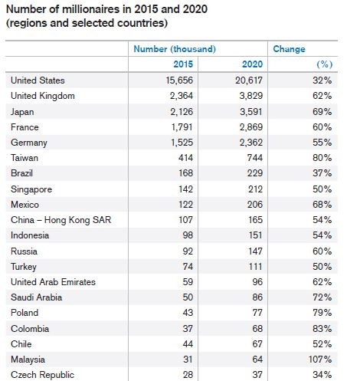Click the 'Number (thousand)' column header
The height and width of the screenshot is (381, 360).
pyautogui.click(x=175, y=49)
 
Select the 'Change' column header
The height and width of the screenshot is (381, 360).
pyautogui.click(x=289, y=49)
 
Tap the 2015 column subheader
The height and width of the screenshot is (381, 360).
pyautogui.click(x=183, y=64)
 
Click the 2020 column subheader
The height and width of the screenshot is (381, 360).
pyautogui.click(x=252, y=64)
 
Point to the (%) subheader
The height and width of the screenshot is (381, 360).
pyautogui.click(x=325, y=64)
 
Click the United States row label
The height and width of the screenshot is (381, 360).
pyautogui.click(x=38, y=80)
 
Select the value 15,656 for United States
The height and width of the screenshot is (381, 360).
pyautogui.click(x=179, y=80)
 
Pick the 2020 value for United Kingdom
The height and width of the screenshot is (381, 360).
pyautogui.click(x=251, y=96)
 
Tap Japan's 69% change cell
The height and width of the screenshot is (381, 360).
pyautogui.click(x=322, y=112)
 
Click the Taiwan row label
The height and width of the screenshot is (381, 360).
pyautogui.click(x=25, y=158)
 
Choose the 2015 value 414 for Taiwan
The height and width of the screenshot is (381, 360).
pyautogui.click(x=185, y=158)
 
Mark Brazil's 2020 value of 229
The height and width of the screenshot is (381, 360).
pyautogui.click(x=255, y=173)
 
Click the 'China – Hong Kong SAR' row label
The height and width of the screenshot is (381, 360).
pyautogui.click(x=61, y=220)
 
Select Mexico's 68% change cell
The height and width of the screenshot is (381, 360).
pyautogui.click(x=322, y=205)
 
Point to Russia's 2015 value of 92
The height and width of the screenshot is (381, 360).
pyautogui.click(x=188, y=251)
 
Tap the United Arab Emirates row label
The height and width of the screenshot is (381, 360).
pyautogui.click(x=53, y=282)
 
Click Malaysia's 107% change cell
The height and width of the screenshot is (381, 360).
pyautogui.click(x=320, y=360)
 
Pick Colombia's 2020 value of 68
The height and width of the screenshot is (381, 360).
pyautogui.click(x=257, y=329)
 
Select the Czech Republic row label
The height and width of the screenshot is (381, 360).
pyautogui.click(x=42, y=375)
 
